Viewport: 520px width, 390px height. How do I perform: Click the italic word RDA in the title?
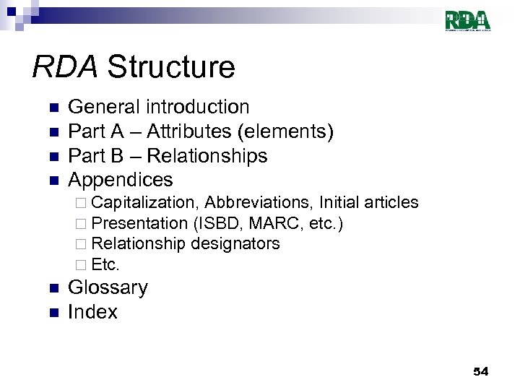coord(64,67)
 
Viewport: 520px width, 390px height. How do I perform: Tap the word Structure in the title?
coord(171,67)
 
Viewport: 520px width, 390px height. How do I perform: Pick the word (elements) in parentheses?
coord(298,131)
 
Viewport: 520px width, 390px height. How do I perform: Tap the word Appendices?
coord(121,179)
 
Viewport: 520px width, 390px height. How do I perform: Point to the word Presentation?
coord(139,223)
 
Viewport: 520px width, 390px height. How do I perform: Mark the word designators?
coord(235,244)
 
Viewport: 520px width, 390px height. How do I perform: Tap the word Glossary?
coord(108,287)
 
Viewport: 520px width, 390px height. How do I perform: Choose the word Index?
coord(92,312)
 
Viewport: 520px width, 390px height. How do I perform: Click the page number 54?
coord(480,371)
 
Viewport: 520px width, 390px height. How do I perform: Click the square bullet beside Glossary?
coord(52,289)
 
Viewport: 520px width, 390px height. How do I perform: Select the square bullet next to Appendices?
coord(52,181)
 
